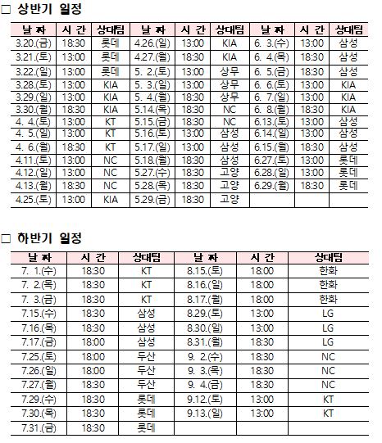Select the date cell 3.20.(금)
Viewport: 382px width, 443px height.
(x=34, y=43)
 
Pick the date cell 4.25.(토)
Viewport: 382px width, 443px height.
(x=34, y=199)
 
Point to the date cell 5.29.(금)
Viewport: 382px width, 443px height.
(x=152, y=199)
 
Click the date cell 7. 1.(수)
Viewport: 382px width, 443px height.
(x=39, y=270)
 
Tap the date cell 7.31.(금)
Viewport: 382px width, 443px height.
(x=39, y=427)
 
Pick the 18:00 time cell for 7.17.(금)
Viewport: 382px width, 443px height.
(x=93, y=341)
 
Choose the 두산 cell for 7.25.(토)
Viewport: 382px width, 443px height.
(x=146, y=357)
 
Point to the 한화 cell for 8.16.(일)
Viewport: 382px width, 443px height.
(x=328, y=284)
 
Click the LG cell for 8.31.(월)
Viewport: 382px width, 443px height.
(x=328, y=341)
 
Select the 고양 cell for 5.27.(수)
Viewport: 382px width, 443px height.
(x=230, y=173)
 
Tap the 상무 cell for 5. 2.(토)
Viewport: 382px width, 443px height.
(x=230, y=70)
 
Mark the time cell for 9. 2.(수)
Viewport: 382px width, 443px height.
(x=262, y=357)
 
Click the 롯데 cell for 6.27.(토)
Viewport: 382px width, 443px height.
(x=348, y=160)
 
